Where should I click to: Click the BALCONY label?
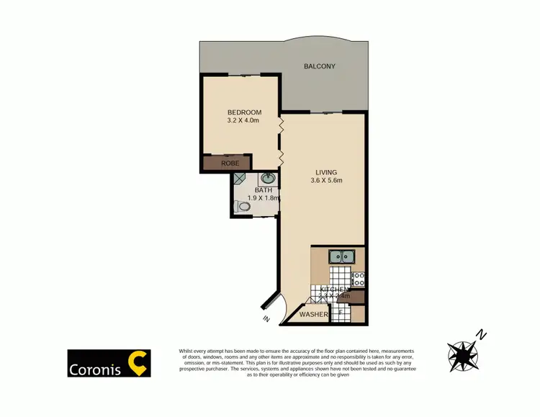(x=320, y=66)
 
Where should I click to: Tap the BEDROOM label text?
(x=244, y=112)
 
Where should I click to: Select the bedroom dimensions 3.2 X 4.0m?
(x=243, y=121)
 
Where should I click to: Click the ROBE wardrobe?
(x=230, y=163)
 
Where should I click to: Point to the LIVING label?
(x=326, y=172)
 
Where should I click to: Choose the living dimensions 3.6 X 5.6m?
(x=326, y=181)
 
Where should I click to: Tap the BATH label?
(x=253, y=190)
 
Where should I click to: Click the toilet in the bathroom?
(x=243, y=207)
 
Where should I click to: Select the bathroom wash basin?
(x=267, y=178)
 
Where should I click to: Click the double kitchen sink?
(x=341, y=256)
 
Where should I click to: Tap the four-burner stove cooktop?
(x=357, y=278)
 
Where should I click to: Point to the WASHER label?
(x=314, y=315)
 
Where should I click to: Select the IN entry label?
(x=266, y=319)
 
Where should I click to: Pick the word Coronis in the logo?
(x=95, y=369)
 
